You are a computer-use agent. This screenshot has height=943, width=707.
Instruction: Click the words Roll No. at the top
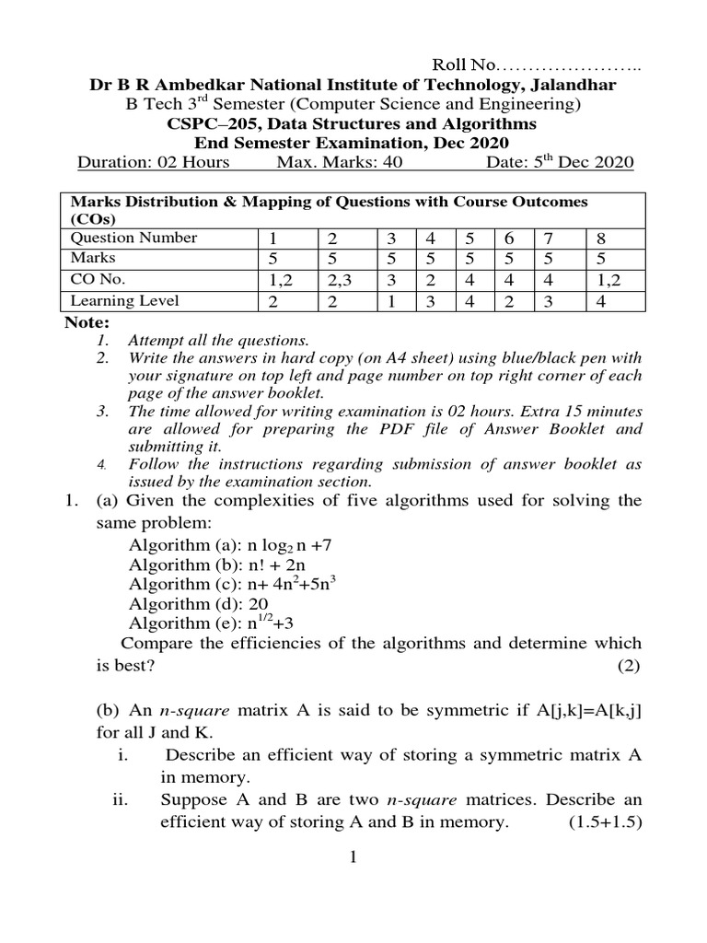pos(464,65)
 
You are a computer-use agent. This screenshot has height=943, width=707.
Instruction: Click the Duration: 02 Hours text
pos(152,163)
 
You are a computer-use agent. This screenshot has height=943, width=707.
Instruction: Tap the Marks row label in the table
pos(93,259)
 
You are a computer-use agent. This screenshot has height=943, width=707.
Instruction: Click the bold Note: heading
pos(87,322)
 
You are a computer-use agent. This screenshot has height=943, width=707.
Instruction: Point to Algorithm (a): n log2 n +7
pos(229,543)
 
